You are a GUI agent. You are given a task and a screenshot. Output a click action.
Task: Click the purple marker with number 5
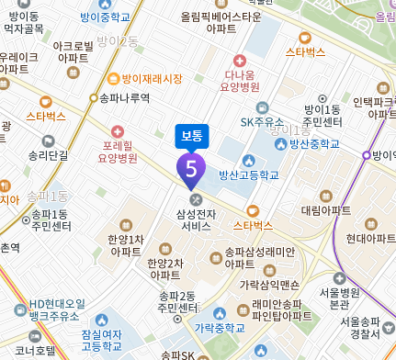(x=191, y=168)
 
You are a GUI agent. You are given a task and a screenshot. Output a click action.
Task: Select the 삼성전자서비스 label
(x=196, y=219)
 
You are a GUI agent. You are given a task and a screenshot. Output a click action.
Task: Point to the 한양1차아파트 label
(x=125, y=244)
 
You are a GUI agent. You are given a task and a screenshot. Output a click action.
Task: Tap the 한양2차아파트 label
(x=164, y=269)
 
